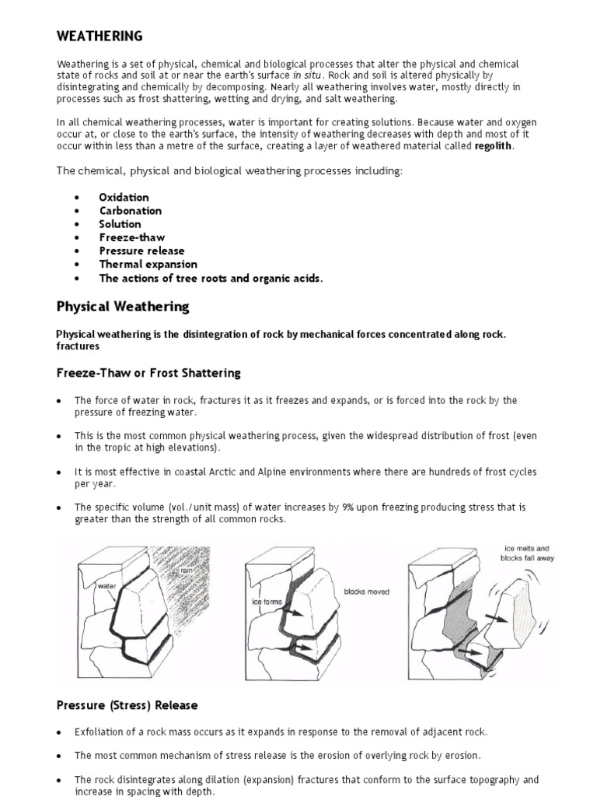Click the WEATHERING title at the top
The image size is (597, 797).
coord(99,36)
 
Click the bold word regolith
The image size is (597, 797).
coord(494,146)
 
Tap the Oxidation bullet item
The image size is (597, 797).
coord(124,197)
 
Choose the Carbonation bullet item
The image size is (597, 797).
coord(130,210)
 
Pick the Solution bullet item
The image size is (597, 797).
coord(120,223)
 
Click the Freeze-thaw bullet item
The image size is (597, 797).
coord(131,237)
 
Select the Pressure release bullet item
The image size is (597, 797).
coord(141,251)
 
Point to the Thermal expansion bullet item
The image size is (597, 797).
coord(148,264)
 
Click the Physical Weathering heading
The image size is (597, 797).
coord(122,307)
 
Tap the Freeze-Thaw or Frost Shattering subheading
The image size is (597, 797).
coord(148,373)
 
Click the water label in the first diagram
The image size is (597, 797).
coord(106,585)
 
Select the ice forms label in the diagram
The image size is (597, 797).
coord(265,602)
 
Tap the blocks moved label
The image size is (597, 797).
coord(367,592)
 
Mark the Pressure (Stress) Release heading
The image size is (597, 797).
coord(127,705)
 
